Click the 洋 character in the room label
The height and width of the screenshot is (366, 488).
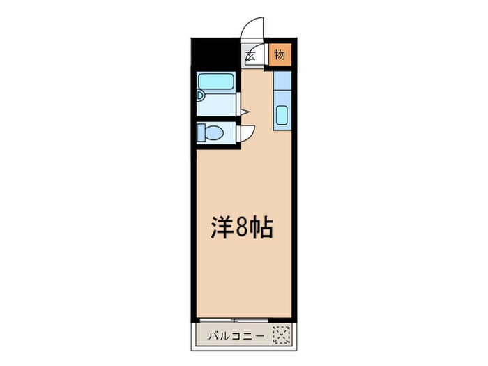click(222, 229)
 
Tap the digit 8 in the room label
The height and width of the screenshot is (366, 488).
click(241, 229)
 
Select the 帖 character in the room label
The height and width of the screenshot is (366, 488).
click(260, 229)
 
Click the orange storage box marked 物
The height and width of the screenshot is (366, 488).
click(279, 55)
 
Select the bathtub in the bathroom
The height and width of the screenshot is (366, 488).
click(217, 82)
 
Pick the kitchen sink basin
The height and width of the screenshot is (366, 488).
click(282, 114)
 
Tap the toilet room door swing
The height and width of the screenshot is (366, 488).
click(247, 132)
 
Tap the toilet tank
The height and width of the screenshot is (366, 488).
click(201, 132)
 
